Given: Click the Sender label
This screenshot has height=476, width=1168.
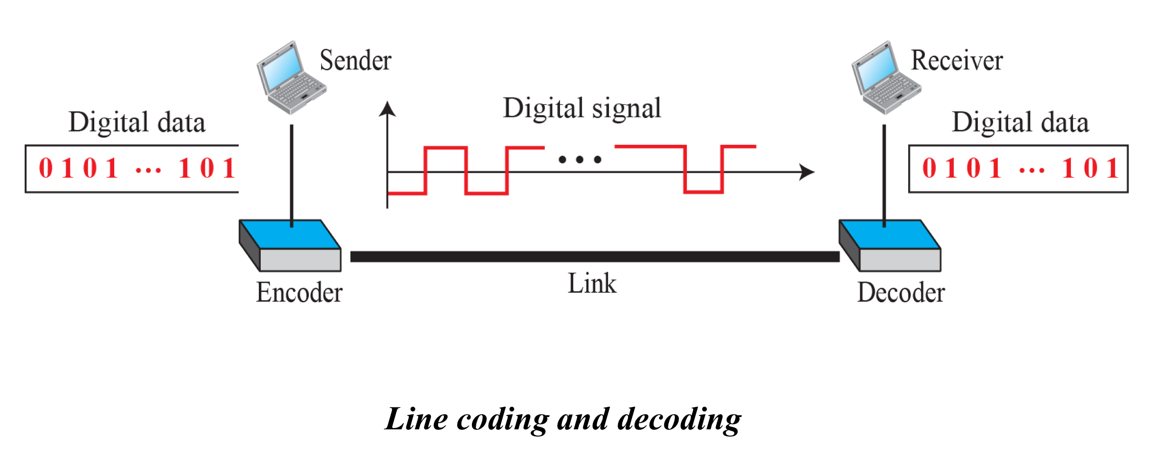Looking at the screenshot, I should pyautogui.click(x=355, y=60).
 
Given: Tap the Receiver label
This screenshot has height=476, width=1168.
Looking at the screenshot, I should pyautogui.click(x=957, y=60).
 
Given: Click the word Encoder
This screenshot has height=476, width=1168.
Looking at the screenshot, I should pyautogui.click(x=299, y=292).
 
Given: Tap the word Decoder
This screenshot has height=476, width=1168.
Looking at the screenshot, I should pyautogui.click(x=901, y=292).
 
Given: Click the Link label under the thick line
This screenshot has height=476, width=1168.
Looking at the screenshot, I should pyautogui.click(x=592, y=284).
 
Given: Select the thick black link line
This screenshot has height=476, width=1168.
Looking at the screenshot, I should pyautogui.click(x=595, y=257).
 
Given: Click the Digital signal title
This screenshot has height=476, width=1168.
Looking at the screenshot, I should pyautogui.click(x=582, y=109).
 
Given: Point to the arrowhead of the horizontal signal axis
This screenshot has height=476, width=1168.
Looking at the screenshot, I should pyautogui.click(x=807, y=172).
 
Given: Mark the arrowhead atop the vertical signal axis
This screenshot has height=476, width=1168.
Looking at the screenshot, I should pyautogui.click(x=387, y=109).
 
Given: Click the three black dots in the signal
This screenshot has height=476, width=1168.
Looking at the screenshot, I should pyautogui.click(x=580, y=159).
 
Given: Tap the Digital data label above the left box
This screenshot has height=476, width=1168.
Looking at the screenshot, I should pyautogui.click(x=137, y=122).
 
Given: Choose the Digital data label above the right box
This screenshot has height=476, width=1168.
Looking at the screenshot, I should pyautogui.click(x=1020, y=122).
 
